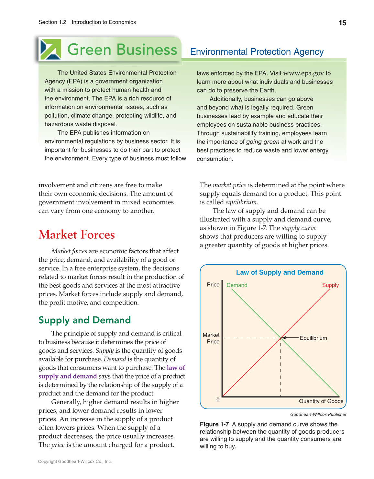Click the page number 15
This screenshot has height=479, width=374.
(x=342, y=23)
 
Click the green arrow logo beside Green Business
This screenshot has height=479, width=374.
(x=50, y=49)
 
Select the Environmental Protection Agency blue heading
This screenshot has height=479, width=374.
(x=257, y=52)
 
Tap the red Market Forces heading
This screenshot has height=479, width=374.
(x=77, y=235)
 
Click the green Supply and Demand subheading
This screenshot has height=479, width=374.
(x=84, y=320)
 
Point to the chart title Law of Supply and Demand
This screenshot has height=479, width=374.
(x=280, y=272)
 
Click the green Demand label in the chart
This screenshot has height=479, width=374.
(x=237, y=285)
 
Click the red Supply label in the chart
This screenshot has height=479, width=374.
(x=330, y=285)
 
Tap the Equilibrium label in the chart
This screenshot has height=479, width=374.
(x=313, y=338)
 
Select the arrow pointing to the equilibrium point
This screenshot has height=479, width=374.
(x=290, y=338)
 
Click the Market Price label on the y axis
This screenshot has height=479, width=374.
(x=211, y=338)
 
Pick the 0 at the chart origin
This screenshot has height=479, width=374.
(x=218, y=400)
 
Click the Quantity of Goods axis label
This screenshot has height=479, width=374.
(x=321, y=401)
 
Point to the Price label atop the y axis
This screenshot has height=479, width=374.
(x=213, y=285)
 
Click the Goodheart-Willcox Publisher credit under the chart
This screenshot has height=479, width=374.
(x=318, y=415)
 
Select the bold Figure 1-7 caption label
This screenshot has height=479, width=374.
(x=214, y=424)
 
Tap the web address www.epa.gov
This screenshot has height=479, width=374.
(x=303, y=73)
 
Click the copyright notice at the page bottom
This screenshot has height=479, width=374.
(x=75, y=462)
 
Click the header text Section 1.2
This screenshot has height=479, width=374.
(x=52, y=22)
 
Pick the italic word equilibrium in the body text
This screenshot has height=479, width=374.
(x=241, y=202)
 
